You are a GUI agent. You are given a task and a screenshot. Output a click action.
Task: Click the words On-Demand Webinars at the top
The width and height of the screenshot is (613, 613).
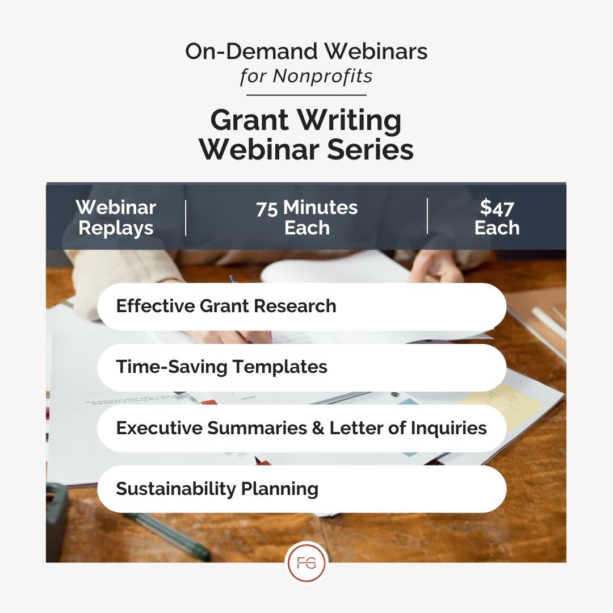point(306,52)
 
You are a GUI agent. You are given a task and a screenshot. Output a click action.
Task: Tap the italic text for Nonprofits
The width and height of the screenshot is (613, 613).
point(306,75)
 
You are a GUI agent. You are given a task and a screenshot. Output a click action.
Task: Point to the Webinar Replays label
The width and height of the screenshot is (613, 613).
point(116,217)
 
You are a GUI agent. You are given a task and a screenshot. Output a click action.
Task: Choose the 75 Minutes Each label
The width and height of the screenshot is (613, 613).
point(306,217)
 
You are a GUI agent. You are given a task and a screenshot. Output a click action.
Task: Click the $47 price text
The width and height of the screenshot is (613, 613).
point(497,208)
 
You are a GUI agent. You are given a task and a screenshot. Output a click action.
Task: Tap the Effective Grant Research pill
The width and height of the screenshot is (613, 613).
point(301,306)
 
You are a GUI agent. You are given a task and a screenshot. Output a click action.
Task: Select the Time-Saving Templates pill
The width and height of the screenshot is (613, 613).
point(301,367)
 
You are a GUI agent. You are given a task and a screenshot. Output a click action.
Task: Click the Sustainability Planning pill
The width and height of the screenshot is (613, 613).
point(301,489)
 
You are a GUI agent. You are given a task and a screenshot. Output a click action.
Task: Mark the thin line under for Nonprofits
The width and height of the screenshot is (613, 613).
point(306,95)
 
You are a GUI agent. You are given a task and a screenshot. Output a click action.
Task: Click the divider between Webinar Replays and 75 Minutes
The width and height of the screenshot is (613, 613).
point(186,217)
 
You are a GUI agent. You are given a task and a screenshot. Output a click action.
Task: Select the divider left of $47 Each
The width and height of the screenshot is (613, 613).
point(427,216)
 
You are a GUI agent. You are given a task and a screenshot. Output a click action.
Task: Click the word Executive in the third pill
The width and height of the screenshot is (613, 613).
point(159,428)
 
